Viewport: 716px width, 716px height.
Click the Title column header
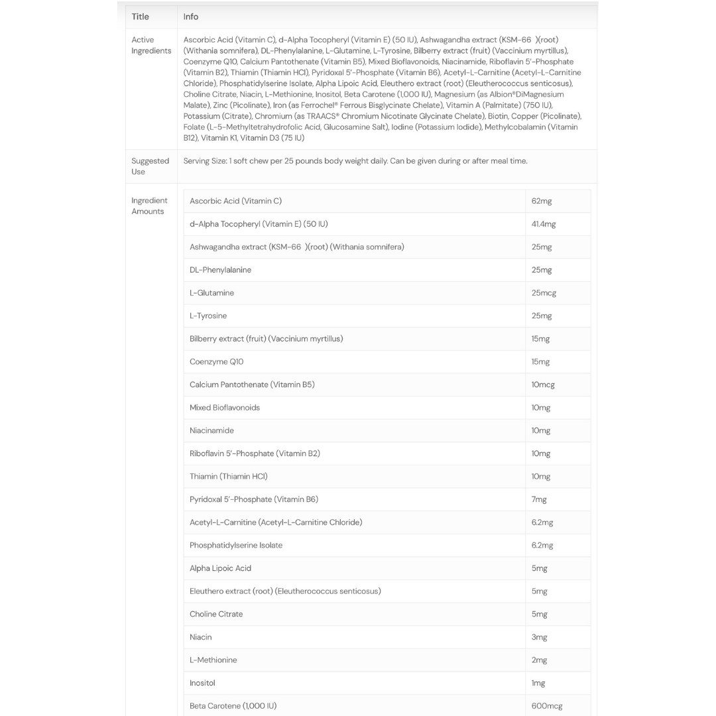(x=140, y=17)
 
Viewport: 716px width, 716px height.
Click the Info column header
(x=191, y=17)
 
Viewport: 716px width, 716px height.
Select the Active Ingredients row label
(x=151, y=45)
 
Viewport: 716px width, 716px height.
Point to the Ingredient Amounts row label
(x=149, y=206)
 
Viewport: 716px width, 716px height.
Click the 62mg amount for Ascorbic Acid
(x=541, y=201)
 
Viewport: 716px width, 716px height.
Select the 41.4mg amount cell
(x=544, y=224)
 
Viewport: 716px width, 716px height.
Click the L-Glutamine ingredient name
(x=211, y=293)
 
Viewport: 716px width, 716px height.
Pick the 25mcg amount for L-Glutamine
(x=544, y=293)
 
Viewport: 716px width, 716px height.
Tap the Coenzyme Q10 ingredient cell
(x=216, y=362)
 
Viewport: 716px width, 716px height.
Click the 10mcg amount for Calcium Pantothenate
(x=543, y=385)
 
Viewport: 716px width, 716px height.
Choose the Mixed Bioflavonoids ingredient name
(x=225, y=408)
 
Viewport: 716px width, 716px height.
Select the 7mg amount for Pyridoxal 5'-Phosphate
(x=539, y=499)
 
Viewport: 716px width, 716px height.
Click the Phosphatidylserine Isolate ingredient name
(x=236, y=546)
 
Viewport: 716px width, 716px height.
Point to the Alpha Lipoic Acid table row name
(x=220, y=568)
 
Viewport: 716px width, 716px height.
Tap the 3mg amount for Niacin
(x=539, y=637)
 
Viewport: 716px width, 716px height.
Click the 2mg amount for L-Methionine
(x=539, y=660)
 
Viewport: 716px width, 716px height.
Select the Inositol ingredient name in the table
(x=202, y=683)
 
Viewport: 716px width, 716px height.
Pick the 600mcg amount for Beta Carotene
(x=547, y=706)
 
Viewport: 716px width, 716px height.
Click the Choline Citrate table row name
(x=216, y=614)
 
